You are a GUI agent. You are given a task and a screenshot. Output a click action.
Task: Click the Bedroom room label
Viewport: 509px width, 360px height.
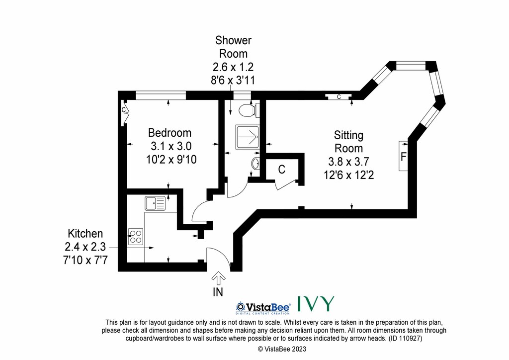click(x=170, y=133)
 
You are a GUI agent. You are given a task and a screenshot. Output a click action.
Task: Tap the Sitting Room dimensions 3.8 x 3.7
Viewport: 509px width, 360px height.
click(x=348, y=162)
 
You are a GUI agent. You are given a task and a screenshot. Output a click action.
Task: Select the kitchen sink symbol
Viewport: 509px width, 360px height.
click(x=155, y=203)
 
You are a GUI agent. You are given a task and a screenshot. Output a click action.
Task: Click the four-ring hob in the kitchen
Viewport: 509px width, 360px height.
click(x=136, y=237)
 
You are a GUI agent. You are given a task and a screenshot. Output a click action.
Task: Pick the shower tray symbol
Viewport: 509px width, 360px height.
click(x=248, y=137)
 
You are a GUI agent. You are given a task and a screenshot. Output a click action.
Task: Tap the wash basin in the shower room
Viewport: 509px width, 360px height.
click(x=255, y=163)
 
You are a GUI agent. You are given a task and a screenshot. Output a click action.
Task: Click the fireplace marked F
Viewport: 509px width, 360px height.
click(x=403, y=156)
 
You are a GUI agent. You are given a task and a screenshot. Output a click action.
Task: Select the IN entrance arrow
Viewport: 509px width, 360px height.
click(x=219, y=278)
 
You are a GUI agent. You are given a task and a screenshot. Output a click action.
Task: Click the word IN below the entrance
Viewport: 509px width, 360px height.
click(x=218, y=292)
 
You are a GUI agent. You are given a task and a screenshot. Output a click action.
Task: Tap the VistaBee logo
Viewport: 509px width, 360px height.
click(x=263, y=307)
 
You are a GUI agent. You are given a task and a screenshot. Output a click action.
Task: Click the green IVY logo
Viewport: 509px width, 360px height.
click(x=316, y=304)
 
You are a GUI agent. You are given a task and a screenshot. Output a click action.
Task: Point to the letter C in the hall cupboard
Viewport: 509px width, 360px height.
click(x=281, y=169)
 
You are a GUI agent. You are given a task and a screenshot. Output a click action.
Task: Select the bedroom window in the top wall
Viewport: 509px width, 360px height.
click(x=161, y=95)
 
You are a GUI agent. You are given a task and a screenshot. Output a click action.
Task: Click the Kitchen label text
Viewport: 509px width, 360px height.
click(x=85, y=233)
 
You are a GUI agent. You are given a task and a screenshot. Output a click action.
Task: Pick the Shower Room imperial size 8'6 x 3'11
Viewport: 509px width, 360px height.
click(x=233, y=80)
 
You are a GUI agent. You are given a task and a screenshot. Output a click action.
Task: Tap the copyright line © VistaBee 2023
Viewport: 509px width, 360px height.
click(x=282, y=349)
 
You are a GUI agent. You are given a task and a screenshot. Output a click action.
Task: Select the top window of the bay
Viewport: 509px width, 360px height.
click(x=411, y=66)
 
